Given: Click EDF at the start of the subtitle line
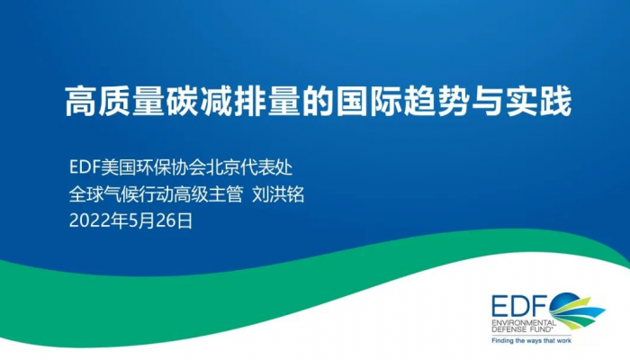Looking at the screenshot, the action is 85,167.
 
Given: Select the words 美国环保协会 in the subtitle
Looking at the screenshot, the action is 153,167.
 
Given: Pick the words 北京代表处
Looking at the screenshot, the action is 249,167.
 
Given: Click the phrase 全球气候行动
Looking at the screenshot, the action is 121,194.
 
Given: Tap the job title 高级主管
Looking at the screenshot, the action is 209,194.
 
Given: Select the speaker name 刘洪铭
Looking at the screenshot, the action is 278,194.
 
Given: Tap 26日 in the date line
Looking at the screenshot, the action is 174,221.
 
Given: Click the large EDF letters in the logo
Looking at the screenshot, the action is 519,307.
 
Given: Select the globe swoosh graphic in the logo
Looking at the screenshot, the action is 577,310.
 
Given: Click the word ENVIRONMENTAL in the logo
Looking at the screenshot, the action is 525,323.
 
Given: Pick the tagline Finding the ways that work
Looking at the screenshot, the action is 531,341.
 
